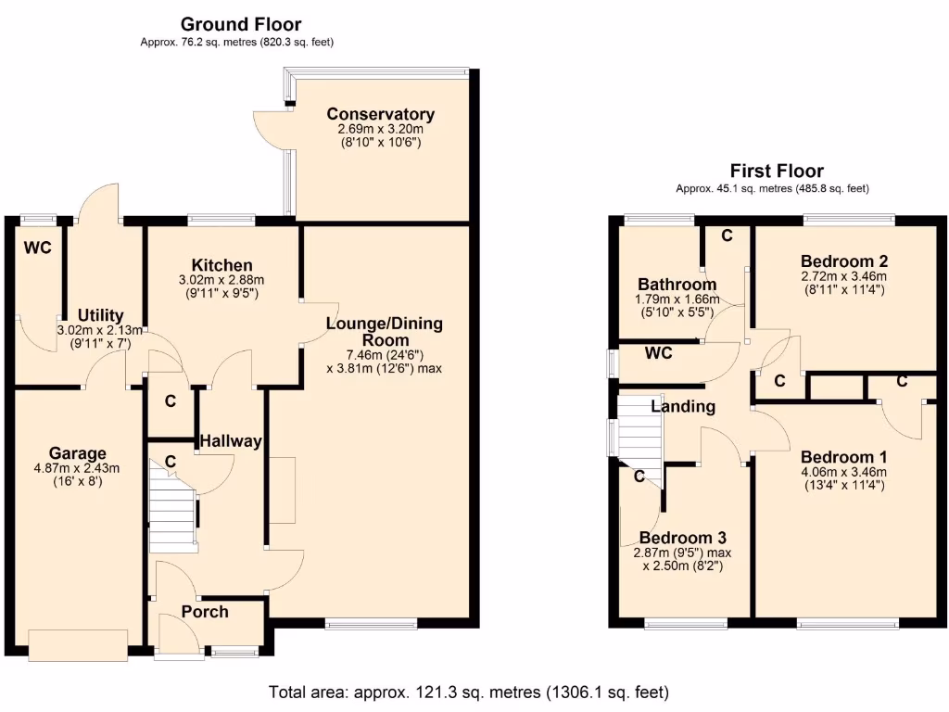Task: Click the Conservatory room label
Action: pos(380,114)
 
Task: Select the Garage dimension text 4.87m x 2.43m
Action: pos(78,468)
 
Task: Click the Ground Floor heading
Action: pos(240,24)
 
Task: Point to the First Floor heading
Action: pos(777,171)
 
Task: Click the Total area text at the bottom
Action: pos(468,692)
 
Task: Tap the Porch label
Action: pos(205,612)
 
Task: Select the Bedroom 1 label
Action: pos(843,457)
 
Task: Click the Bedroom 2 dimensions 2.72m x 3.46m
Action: pos(843,275)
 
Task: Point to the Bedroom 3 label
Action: pos(682,538)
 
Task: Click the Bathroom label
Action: pos(677,285)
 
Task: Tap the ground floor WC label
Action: pos(37,248)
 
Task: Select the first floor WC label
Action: pos(659,353)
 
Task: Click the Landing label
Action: pos(683,406)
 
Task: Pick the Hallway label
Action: pos(232,441)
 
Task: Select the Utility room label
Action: pos(100,316)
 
